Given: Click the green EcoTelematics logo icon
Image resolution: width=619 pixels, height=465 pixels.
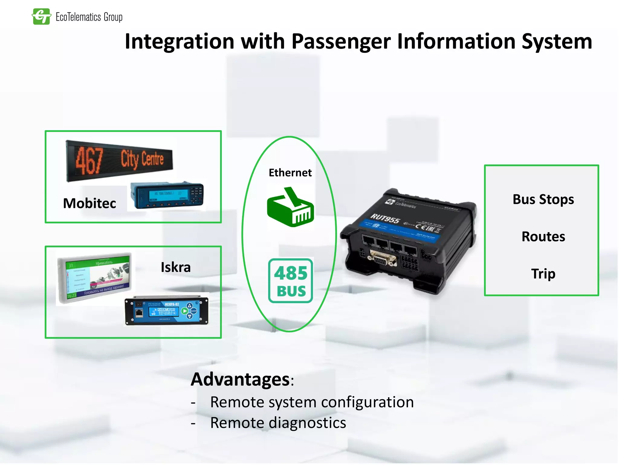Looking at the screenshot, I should (41, 16).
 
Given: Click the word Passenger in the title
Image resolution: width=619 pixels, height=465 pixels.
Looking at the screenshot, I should (341, 41).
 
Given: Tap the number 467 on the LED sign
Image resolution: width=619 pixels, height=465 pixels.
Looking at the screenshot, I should (89, 160).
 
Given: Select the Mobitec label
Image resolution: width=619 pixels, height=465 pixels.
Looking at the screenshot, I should (89, 203).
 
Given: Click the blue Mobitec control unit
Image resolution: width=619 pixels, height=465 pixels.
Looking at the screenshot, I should (167, 196).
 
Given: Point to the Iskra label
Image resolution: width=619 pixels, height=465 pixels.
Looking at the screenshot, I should (176, 267).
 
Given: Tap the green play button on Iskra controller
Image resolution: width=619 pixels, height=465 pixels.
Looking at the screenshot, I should (184, 311).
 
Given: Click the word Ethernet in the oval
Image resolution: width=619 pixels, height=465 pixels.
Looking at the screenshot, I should (290, 173).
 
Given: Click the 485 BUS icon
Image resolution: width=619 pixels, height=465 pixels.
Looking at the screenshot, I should (291, 281).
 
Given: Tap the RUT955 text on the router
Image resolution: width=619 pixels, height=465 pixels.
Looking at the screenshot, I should (385, 218).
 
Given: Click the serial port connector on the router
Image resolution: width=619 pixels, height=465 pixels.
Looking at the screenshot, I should (382, 259).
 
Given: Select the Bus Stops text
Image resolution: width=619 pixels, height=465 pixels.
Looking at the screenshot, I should (543, 200).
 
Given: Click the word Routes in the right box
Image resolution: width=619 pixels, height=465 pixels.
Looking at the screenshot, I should (543, 236).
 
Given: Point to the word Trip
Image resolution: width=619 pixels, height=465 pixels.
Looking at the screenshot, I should (543, 274).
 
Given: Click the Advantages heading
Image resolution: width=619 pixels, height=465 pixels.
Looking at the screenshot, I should (241, 379).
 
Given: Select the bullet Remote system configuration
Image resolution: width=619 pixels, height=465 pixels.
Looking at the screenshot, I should (312, 402).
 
